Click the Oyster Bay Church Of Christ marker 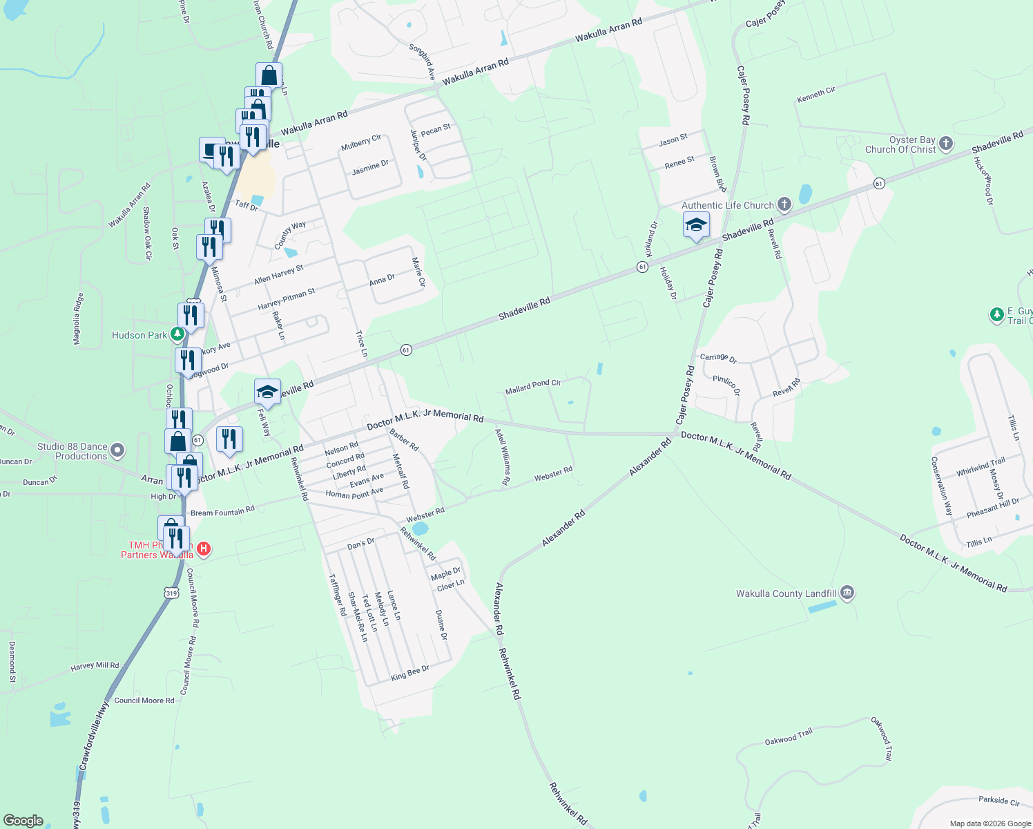pyautogui.click(x=946, y=144)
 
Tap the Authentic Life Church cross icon pyautogui.click(x=784, y=204)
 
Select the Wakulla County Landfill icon pyautogui.click(x=847, y=593)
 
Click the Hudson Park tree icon pyautogui.click(x=177, y=335)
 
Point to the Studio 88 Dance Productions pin pyautogui.click(x=117, y=450)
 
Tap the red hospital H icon pyautogui.click(x=203, y=549)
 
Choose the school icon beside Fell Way pyautogui.click(x=267, y=392)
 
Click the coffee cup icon pyautogui.click(x=211, y=149)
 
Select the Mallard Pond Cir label pyautogui.click(x=532, y=386)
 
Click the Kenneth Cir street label pyautogui.click(x=815, y=94)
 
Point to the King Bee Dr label pyautogui.click(x=410, y=672)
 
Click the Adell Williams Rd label pyautogui.click(x=503, y=456)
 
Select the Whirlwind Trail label pyautogui.click(x=981, y=467)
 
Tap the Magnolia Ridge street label pyautogui.click(x=78, y=318)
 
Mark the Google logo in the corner pyautogui.click(x=23, y=820)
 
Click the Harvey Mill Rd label pyautogui.click(x=95, y=666)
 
